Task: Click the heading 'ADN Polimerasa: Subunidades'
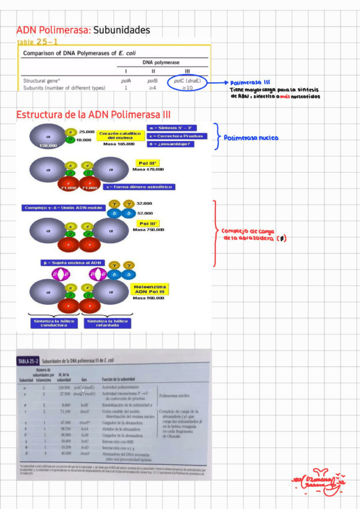pos(83,30)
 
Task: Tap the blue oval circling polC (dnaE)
pos(187,83)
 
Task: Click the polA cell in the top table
pos(126,80)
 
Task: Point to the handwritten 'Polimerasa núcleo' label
pos(251,138)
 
